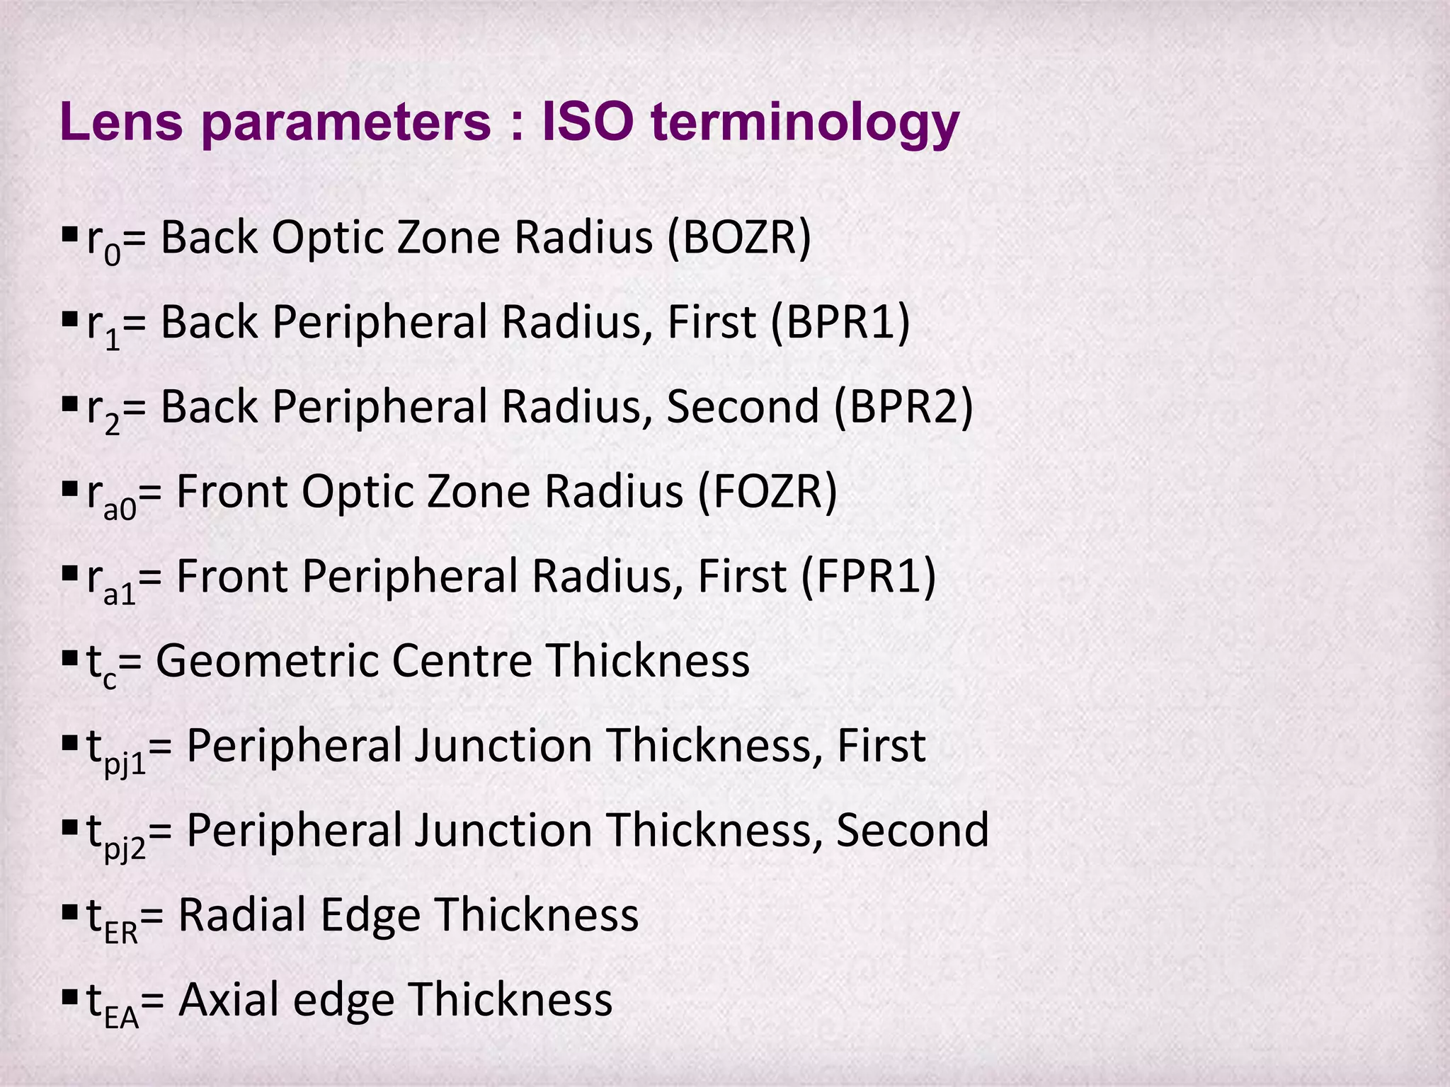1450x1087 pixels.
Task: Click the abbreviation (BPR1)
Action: pyautogui.click(x=840, y=322)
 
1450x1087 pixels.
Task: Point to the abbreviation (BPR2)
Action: pyautogui.click(x=903, y=407)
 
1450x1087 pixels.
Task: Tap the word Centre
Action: pyautogui.click(x=462, y=661)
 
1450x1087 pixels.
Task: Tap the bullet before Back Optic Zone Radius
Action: pyautogui.click(x=69, y=234)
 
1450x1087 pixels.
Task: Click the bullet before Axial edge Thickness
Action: pyautogui.click(x=69, y=996)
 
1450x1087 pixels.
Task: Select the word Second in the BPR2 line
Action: pyautogui.click(x=742, y=407)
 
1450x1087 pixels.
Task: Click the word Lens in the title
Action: pyautogui.click(x=122, y=122)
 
